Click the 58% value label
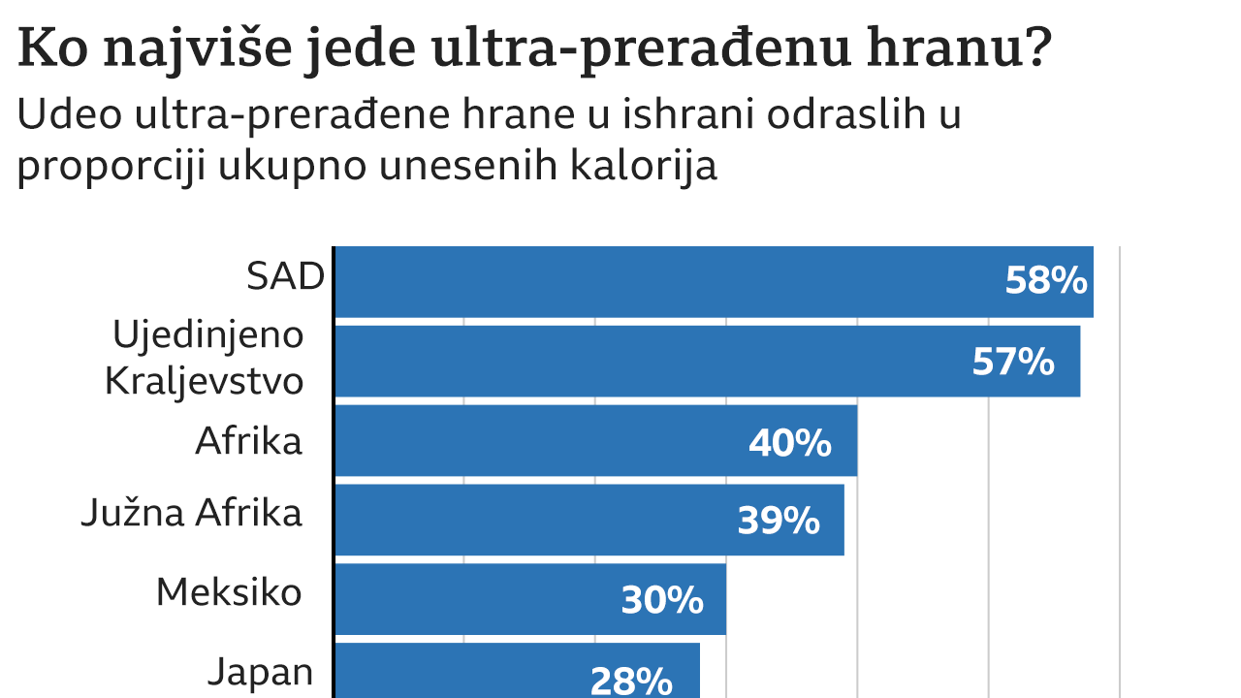[1046, 281]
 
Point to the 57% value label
[1013, 362]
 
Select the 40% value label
[789, 442]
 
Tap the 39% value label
[779, 522]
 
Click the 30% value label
[662, 601]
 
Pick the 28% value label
[631, 681]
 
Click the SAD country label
[284, 277]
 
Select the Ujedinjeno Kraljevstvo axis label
[205, 358]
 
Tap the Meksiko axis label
[229, 591]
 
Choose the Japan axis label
[261, 671]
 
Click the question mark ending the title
[1036, 48]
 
